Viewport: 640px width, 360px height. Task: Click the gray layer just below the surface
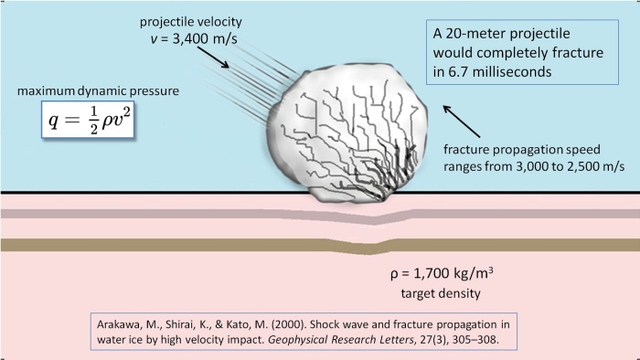[x=183, y=214]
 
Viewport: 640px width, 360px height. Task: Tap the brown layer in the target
[x=183, y=245]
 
